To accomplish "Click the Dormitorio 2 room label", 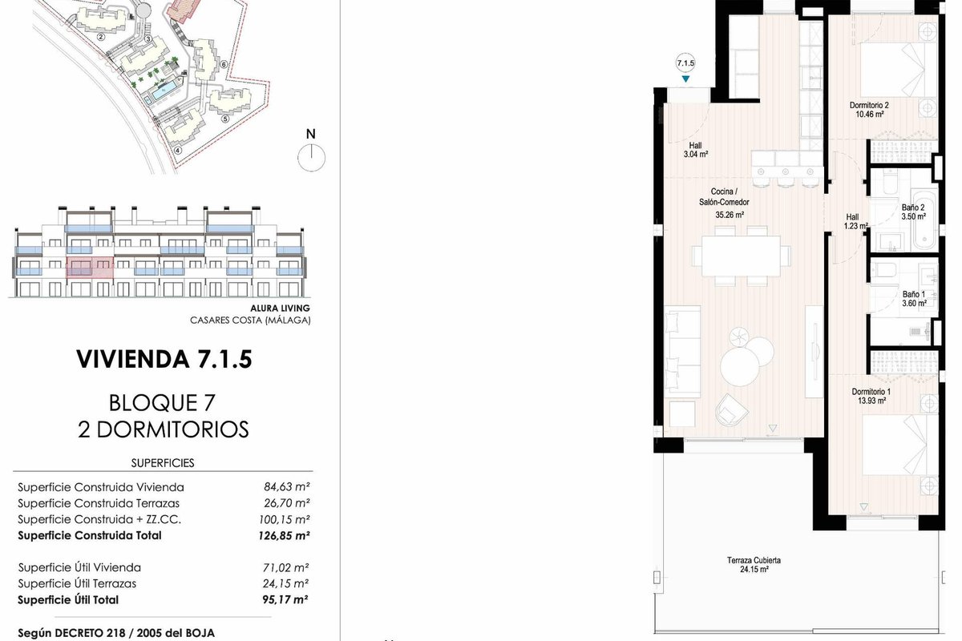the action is click(x=869, y=105).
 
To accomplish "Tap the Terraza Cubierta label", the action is click(x=754, y=560).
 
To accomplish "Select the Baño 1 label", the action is click(x=913, y=294).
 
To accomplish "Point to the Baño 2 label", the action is click(x=913, y=208).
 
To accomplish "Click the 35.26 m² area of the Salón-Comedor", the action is click(x=730, y=215).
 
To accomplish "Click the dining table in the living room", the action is click(x=741, y=256).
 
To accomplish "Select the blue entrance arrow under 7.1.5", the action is click(x=686, y=79).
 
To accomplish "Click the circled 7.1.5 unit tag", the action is click(x=685, y=63).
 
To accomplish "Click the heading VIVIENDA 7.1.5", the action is click(x=164, y=359).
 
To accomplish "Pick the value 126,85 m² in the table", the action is click(x=284, y=535).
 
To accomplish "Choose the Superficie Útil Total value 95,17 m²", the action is click(x=285, y=599).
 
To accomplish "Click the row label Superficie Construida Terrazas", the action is click(x=99, y=503).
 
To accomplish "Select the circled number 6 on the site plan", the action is click(x=224, y=65).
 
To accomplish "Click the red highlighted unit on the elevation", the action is click(x=90, y=268).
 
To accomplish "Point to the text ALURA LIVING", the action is click(x=280, y=308).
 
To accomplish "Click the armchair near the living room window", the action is click(x=731, y=410).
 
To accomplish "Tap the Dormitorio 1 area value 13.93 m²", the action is click(x=871, y=401).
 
